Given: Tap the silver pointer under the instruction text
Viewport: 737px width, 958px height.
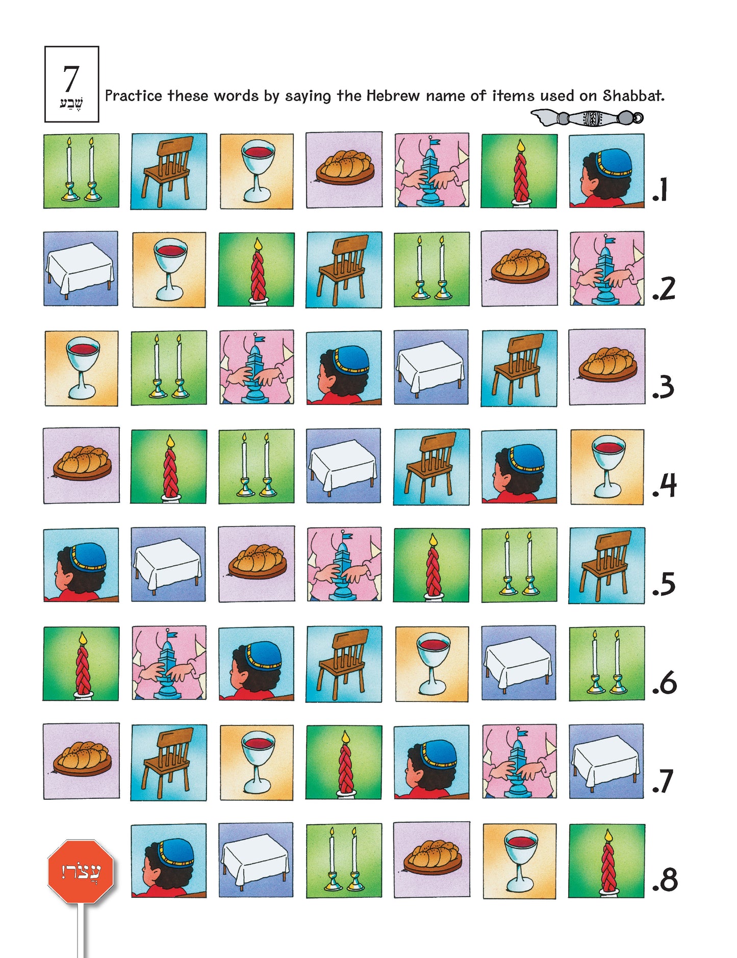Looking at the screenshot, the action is [587, 118].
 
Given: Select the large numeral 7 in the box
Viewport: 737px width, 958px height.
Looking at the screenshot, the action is [71, 79].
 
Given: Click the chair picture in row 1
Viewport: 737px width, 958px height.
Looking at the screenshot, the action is [169, 171].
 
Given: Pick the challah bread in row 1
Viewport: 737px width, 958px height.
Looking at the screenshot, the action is [344, 170].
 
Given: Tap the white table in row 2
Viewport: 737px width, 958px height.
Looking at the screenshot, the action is [81, 269].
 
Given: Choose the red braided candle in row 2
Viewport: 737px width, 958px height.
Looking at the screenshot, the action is [256, 269].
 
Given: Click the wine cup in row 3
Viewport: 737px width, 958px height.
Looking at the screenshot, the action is [82, 368].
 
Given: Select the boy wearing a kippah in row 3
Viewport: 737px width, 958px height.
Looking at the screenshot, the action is [344, 368].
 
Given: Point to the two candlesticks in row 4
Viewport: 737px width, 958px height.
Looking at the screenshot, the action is [257, 466].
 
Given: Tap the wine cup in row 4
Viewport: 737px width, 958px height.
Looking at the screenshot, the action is [607, 467].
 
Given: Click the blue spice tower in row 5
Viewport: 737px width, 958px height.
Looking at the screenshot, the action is [344, 564].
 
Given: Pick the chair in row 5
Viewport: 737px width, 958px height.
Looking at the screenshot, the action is [606, 566].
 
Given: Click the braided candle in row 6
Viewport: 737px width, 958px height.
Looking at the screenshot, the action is [81, 664].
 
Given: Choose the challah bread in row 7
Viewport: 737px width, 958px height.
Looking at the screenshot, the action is [82, 761].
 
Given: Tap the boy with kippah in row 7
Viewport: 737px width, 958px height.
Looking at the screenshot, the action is [431, 762].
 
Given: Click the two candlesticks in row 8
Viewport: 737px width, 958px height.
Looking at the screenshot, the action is [344, 861].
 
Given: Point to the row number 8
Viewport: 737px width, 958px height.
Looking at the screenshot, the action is [665, 879].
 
